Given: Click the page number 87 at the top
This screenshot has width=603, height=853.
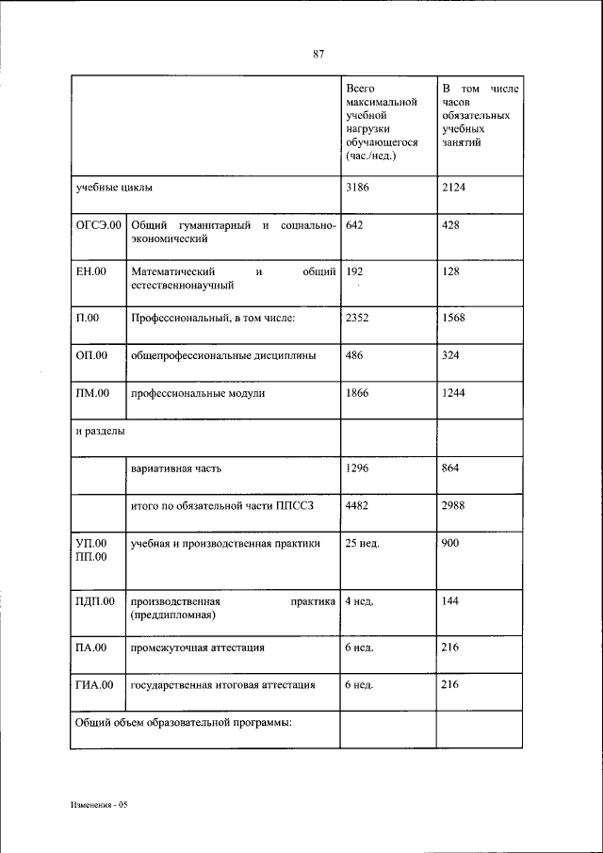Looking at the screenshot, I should [318, 54].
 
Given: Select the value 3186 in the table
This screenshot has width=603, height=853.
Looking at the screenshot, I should [357, 187].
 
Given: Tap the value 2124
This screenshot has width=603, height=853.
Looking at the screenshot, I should [453, 187].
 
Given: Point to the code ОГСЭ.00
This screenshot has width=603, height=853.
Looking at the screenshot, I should [99, 226].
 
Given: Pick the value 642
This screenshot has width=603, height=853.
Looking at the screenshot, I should [354, 226].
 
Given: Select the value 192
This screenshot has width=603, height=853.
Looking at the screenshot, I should [354, 271].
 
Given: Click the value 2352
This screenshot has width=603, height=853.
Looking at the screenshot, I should [357, 317].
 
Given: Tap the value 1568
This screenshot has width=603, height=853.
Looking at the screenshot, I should [453, 317].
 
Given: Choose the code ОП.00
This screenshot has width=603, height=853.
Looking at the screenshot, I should [92, 355].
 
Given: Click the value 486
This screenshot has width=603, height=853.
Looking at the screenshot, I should [354, 355].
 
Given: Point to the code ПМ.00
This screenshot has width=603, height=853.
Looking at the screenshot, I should [93, 393].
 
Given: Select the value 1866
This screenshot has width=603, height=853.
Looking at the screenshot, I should [357, 393].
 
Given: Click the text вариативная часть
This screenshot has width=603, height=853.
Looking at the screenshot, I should [177, 468].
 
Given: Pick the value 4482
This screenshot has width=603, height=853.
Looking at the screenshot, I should [357, 505].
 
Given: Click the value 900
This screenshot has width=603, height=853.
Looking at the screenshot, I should [449, 544].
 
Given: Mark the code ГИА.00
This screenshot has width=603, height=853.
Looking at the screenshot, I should [94, 685].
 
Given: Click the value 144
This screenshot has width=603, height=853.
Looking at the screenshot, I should [449, 600].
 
